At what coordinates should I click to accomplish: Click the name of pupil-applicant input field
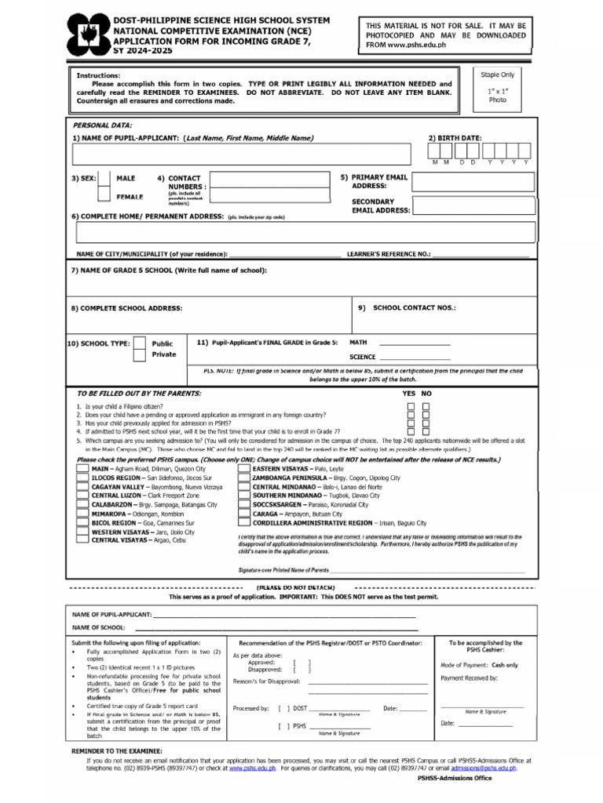243,154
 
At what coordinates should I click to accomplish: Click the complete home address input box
302,233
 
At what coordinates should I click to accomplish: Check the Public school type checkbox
139,343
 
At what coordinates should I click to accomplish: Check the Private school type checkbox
139,354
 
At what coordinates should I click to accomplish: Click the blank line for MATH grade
415,343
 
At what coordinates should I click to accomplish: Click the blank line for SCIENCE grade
415,357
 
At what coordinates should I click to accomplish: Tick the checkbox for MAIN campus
82,468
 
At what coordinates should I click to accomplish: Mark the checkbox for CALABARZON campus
82,506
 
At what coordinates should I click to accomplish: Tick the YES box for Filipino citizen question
411,406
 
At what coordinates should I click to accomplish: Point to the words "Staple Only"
497,74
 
